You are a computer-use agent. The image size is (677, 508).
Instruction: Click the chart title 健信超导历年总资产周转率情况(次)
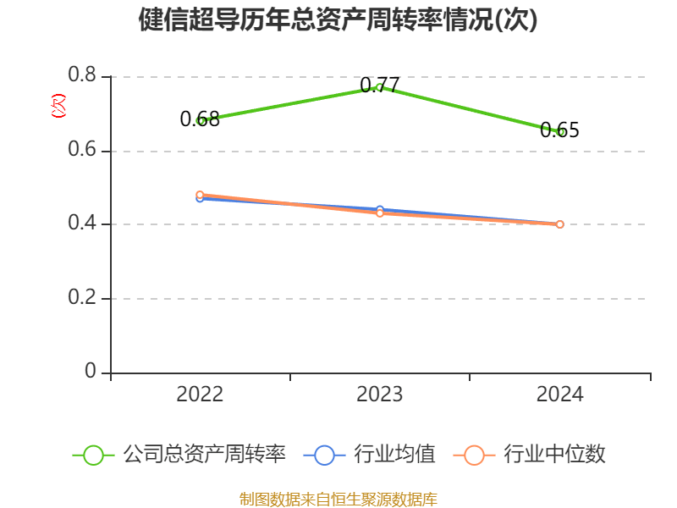(338, 20)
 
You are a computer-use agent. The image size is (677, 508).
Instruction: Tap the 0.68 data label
(200, 119)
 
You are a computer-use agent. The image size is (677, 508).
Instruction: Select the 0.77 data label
(380, 86)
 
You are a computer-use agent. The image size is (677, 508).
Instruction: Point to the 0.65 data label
(559, 130)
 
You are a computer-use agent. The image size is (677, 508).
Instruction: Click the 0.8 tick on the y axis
(84, 77)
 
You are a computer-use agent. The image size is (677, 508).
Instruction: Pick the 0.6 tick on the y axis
(84, 152)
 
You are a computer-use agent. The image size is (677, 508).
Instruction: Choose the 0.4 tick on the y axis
(84, 225)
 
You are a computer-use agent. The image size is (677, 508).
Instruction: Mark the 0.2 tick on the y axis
(84, 299)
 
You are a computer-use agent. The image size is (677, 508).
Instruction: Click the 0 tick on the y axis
(91, 373)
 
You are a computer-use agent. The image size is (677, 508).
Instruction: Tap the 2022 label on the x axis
(200, 395)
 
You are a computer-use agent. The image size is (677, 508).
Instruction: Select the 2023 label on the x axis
(380, 395)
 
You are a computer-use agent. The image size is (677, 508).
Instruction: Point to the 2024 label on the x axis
(559, 395)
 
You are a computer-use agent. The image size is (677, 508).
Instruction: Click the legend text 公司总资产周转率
(204, 455)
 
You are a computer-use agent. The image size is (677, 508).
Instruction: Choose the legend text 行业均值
(395, 455)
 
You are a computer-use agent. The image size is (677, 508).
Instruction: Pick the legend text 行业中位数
(554, 455)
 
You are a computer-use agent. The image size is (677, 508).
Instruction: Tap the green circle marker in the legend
(94, 455)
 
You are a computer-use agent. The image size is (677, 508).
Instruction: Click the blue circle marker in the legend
(325, 455)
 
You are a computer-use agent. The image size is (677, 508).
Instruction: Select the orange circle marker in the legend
(475, 455)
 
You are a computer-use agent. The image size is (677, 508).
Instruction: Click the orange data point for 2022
(200, 195)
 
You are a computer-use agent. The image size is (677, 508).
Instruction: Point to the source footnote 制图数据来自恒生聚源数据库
(338, 499)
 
